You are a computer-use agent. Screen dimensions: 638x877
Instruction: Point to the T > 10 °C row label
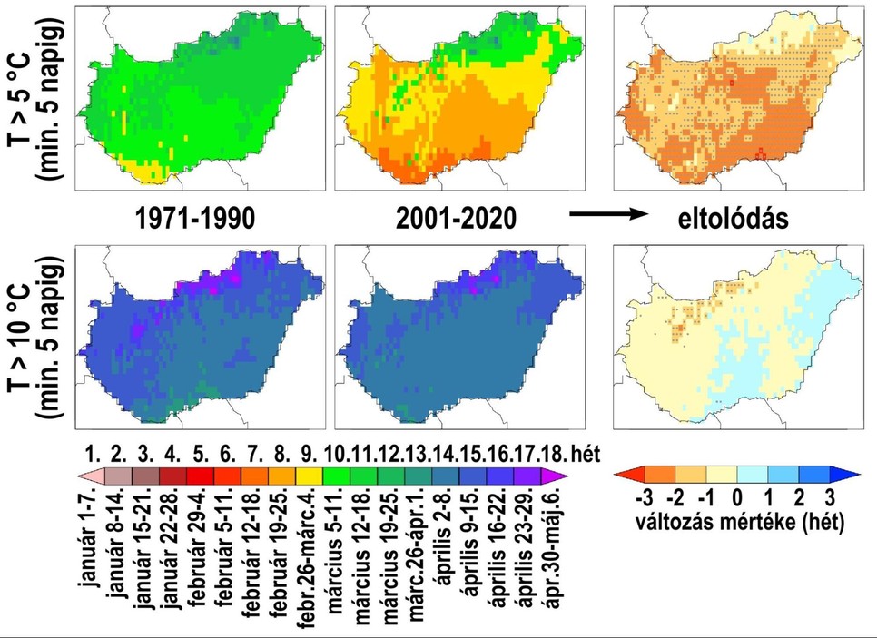coord(36,336)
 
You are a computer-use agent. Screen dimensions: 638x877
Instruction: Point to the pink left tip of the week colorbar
coord(83,474)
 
